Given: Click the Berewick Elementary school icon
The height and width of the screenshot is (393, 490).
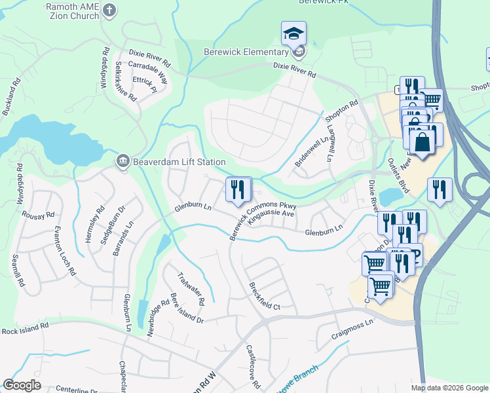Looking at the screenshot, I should [294, 33].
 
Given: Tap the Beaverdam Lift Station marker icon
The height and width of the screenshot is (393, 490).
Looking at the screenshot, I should [122, 162].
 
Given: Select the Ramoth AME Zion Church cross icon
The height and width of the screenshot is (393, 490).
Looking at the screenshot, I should [109, 10].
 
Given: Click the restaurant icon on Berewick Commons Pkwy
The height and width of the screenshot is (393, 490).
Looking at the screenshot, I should [238, 189].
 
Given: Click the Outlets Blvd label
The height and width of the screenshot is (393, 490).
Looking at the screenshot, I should [398, 176].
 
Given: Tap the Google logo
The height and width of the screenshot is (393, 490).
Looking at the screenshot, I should [22, 385].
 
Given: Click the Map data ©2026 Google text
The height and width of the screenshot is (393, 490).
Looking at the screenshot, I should [449, 388].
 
